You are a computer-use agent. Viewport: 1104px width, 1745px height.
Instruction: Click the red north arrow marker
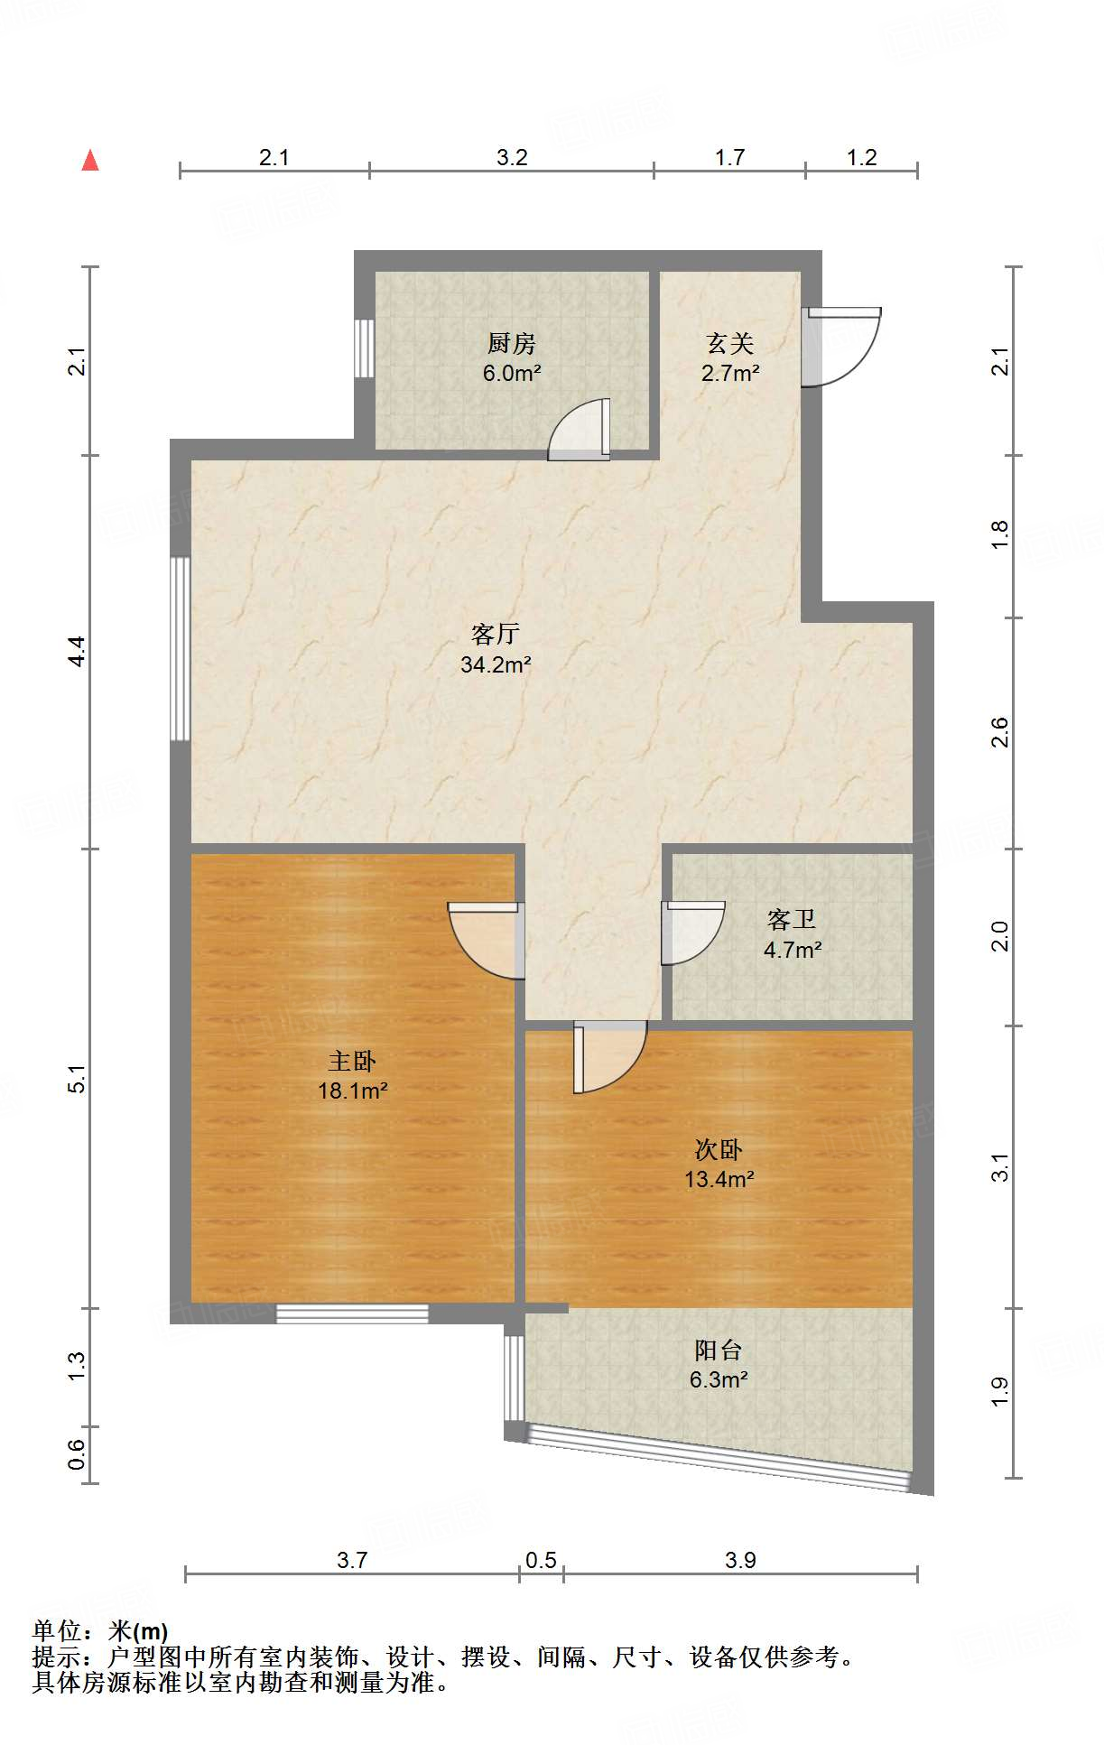click(90, 161)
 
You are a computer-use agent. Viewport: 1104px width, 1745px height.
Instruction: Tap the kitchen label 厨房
click(511, 343)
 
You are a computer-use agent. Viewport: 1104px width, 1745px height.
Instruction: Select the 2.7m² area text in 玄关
click(729, 373)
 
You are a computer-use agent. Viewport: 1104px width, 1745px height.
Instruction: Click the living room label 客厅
click(495, 634)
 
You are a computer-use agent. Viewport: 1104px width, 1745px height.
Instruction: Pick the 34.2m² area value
click(495, 665)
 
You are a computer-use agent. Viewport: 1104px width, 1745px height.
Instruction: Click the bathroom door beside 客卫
click(691, 933)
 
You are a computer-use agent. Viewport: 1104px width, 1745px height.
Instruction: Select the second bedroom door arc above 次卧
click(609, 1056)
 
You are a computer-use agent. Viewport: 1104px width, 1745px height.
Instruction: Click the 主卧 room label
click(351, 1061)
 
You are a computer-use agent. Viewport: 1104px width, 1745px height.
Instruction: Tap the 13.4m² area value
click(719, 1179)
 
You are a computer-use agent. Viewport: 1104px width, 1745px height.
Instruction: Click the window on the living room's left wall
click(181, 649)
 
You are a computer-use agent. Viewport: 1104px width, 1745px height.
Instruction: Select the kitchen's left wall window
click(364, 348)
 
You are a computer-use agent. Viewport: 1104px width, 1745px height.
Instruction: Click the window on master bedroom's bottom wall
click(352, 1314)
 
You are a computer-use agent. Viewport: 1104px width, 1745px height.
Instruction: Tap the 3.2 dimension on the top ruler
click(512, 158)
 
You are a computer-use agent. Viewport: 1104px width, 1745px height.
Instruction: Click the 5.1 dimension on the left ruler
click(78, 1079)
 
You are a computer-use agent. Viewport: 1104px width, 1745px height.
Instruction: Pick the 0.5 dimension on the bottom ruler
click(541, 1561)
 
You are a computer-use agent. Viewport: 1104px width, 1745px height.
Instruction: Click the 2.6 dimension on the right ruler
click(999, 732)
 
